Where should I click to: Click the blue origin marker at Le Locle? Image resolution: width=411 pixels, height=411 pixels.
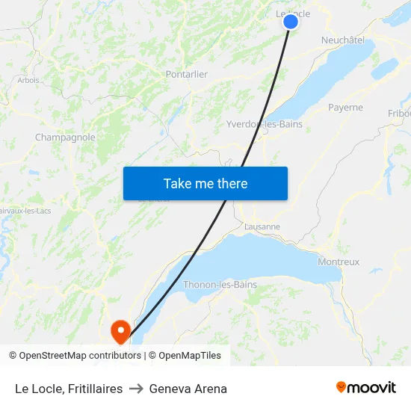291,22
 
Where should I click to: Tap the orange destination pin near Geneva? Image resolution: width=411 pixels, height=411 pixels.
120,330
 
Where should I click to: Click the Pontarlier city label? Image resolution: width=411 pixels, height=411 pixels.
187,74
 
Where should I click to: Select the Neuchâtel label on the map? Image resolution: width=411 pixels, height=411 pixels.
342,40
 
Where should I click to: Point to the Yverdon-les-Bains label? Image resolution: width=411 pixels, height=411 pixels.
265,124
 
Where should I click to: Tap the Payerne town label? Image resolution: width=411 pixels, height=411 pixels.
345,108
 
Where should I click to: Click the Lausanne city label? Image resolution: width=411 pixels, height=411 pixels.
262,226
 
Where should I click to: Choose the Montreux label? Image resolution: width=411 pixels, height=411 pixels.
339,262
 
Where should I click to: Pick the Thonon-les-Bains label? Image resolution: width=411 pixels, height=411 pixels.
220,285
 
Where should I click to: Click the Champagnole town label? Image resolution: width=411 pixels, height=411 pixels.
65,137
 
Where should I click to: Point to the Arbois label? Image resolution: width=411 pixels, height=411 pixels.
28,80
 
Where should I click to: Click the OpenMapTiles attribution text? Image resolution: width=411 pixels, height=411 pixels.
190,356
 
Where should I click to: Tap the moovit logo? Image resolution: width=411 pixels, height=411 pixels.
365,388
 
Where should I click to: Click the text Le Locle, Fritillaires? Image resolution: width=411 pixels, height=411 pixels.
69,389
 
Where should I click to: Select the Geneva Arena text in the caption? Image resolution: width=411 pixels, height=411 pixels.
188,389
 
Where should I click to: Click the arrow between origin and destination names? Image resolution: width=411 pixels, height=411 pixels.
136,389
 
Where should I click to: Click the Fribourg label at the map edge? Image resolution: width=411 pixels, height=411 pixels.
399,114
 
